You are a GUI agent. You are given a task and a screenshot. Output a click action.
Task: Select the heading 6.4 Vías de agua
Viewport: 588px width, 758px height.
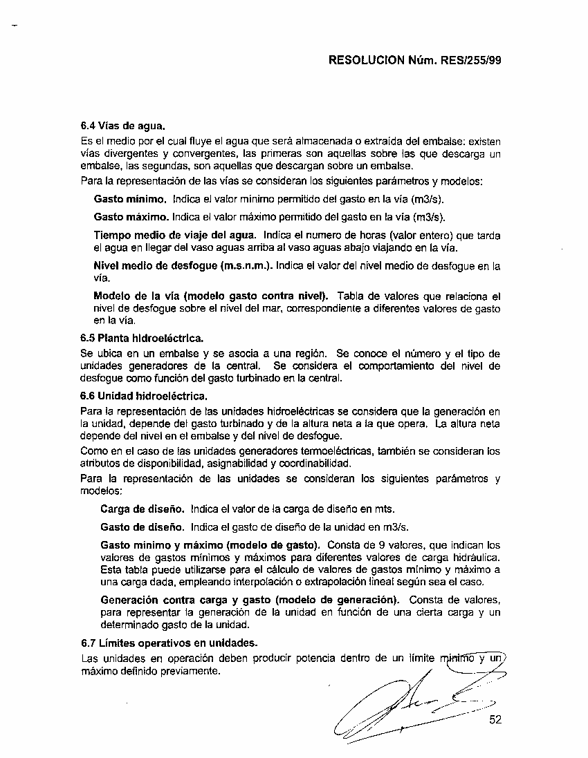pos(122,126)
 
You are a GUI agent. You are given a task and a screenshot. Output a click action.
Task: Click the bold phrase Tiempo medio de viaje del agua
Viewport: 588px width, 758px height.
pos(175,236)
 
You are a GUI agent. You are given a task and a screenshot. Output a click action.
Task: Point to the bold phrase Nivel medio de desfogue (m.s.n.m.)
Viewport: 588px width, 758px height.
pos(183,265)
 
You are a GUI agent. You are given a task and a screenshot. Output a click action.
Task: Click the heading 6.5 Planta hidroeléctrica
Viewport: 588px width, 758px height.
pos(143,338)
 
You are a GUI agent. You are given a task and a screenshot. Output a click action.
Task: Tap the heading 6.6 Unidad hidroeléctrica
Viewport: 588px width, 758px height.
pos(144,397)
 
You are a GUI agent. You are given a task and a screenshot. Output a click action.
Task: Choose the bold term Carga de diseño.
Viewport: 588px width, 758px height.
pos(143,509)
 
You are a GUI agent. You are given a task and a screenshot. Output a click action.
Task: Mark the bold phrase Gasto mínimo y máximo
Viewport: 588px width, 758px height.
pos(162,544)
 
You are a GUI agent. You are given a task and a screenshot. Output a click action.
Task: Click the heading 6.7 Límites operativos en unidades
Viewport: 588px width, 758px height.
pos(169,643)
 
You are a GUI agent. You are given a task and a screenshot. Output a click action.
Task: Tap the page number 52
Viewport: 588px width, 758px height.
pos(495,719)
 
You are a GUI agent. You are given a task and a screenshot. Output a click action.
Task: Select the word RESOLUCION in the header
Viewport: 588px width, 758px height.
pos(366,60)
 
